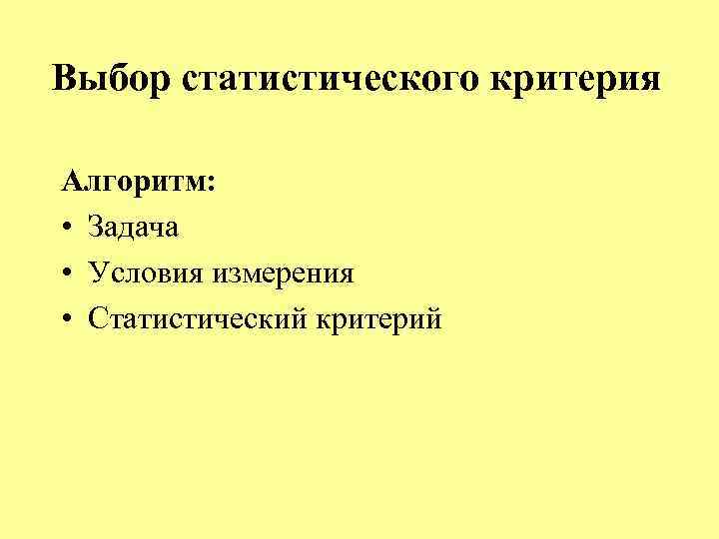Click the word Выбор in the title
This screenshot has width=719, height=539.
click(112, 78)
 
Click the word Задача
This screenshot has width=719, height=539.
click(133, 228)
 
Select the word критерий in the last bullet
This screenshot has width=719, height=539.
click(378, 319)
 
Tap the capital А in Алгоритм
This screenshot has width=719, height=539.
click(71, 183)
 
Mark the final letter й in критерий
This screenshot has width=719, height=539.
click(433, 319)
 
